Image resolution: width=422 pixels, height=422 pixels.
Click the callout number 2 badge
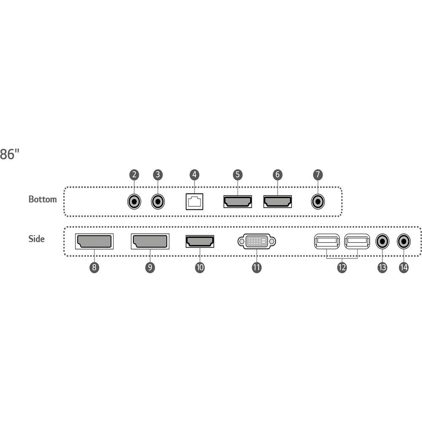point(134,175)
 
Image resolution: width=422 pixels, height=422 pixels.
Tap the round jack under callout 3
point(158,202)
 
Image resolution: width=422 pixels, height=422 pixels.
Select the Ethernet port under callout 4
point(194,202)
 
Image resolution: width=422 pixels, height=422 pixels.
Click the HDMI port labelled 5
point(238,202)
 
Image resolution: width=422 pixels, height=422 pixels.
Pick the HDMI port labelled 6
point(278,202)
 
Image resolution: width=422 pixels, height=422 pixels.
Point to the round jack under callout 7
point(318,202)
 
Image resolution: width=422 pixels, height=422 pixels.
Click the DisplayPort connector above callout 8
point(94,241)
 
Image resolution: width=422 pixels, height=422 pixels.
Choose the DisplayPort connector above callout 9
point(150,241)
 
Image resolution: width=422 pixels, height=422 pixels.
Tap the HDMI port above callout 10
point(200,241)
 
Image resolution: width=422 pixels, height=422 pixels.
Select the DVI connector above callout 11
point(257,241)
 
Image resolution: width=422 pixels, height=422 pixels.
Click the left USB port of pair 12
point(327,241)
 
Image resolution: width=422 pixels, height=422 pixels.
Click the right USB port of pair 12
point(357,241)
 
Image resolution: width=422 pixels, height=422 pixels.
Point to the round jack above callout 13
point(382,241)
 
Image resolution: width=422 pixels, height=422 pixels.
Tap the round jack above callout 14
point(404,241)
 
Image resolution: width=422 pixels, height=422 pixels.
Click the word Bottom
point(43,200)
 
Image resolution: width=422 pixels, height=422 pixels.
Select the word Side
point(37,239)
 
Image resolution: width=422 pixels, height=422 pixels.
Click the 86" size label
point(10,154)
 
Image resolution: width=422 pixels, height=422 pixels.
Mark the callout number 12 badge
point(342,268)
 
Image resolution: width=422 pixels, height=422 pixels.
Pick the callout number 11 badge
point(257,268)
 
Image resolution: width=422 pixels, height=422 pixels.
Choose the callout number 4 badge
point(194,175)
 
